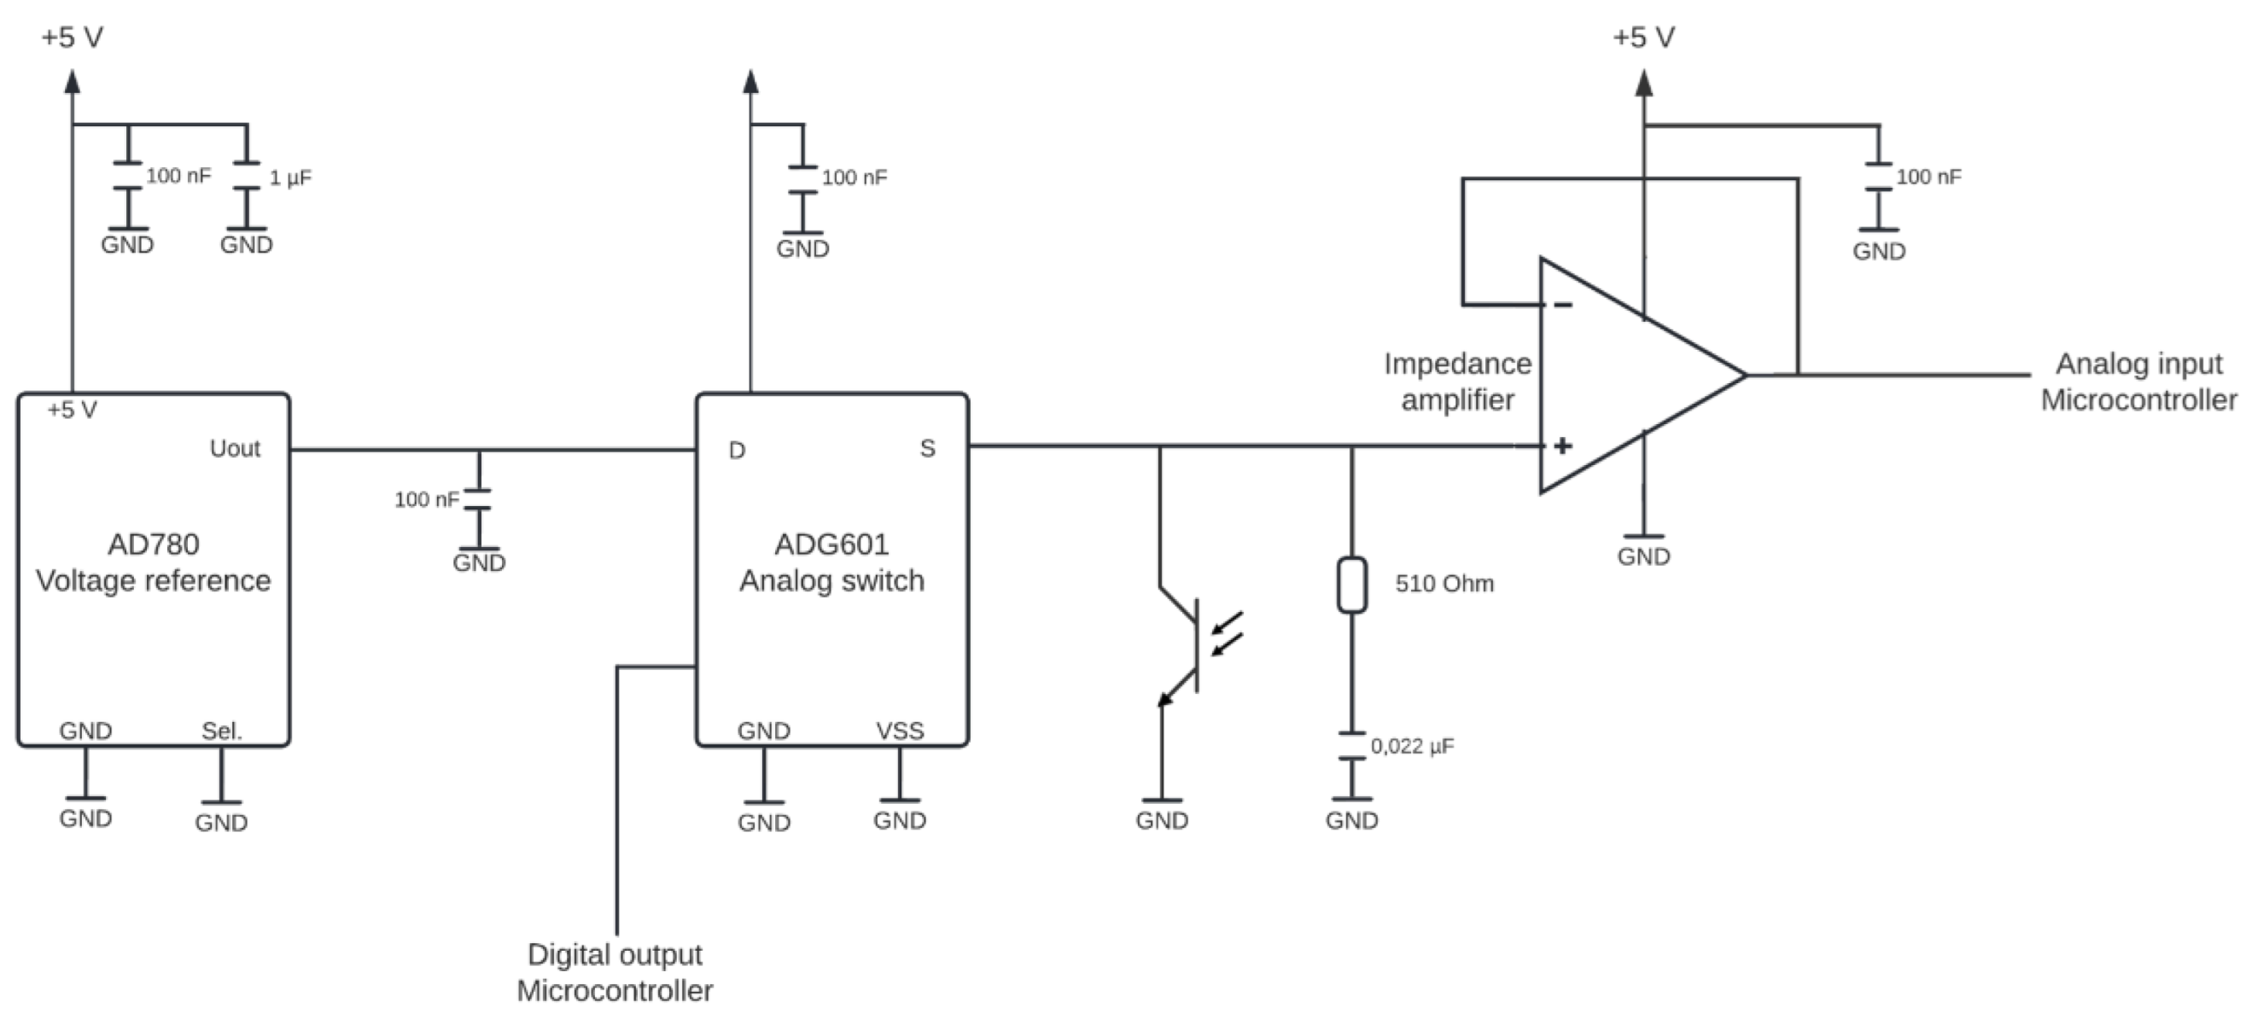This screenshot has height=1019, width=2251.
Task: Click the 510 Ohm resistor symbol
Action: (1352, 584)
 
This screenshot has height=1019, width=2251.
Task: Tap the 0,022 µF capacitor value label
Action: (1412, 747)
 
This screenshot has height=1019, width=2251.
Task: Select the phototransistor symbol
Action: (1193, 647)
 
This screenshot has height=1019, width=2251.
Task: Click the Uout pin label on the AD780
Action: (234, 448)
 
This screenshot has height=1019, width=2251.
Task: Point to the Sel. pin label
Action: (221, 731)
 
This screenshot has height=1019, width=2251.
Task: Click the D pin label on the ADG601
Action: (737, 450)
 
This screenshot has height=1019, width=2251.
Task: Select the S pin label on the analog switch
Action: (927, 448)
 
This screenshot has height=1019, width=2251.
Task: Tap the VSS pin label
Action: (899, 731)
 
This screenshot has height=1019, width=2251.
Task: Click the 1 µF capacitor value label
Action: (290, 178)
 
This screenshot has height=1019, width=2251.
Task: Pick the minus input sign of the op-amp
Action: (1562, 304)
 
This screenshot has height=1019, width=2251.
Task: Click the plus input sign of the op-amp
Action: (1562, 445)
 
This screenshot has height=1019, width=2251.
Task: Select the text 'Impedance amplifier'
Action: (1456, 381)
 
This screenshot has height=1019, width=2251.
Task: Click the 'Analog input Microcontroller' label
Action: (2138, 381)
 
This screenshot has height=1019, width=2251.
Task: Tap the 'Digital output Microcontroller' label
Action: (615, 972)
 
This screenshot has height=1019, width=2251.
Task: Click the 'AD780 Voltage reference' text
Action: (153, 562)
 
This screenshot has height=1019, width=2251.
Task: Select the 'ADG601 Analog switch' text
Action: (831, 562)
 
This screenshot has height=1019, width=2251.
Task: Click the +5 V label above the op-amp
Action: (1643, 38)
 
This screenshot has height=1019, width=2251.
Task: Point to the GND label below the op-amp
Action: (1643, 556)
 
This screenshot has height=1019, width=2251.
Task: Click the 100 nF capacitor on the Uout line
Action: (478, 499)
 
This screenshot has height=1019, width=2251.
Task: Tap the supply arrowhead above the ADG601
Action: (750, 82)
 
